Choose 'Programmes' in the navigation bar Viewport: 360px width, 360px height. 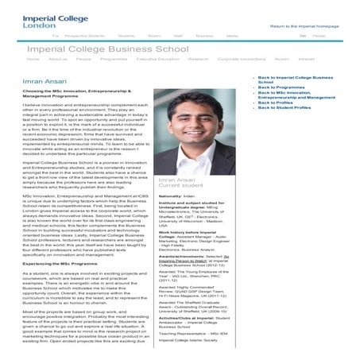pyautogui.click(x=114, y=60)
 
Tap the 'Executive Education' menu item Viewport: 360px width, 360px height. pyautogui.click(x=157, y=60)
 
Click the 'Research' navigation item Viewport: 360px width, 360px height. pyautogui.click(x=199, y=60)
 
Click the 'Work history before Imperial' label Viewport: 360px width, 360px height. pyautogui.click(x=194, y=233)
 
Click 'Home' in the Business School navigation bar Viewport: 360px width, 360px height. pyautogui.click(x=33, y=60)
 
